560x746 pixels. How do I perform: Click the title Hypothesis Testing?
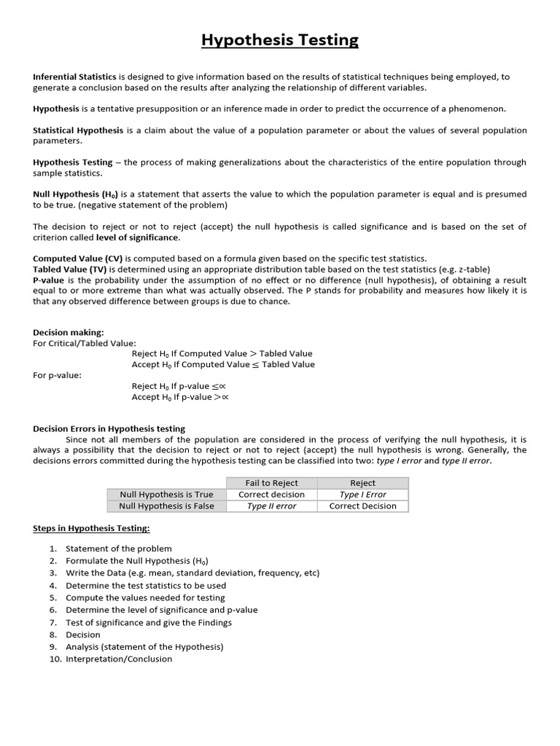coord(280,40)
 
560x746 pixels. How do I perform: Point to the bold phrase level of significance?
coord(144,237)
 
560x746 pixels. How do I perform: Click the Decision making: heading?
coord(69,332)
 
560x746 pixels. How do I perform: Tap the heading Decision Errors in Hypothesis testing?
coord(109,429)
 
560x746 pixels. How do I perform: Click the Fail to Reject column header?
coord(271,483)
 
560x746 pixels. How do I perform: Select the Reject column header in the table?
coord(362,483)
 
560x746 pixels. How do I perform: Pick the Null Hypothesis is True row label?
coord(166,495)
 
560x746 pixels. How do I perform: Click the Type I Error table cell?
coord(362,495)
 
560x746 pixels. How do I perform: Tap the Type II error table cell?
coord(271,506)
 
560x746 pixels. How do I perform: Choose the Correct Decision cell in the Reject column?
coord(362,506)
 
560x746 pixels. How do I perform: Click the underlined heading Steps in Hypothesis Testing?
coord(91,528)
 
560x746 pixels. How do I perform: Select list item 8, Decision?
coord(82,635)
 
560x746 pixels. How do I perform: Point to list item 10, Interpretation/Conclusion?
coord(118,659)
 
